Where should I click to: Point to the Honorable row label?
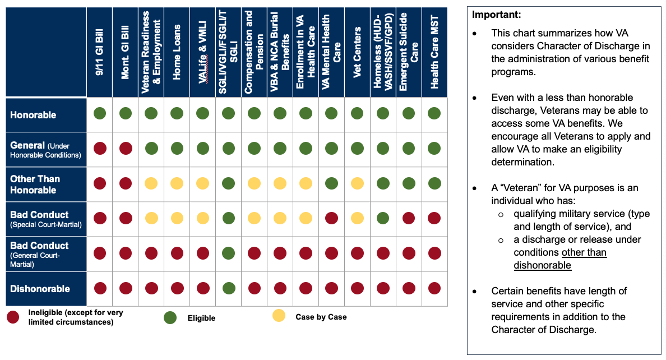coord(34,115)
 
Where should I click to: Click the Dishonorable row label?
coord(40,289)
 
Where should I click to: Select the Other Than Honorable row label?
coord(35,184)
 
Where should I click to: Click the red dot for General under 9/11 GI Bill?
coord(100,149)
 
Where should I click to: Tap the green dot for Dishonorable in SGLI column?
coord(228,288)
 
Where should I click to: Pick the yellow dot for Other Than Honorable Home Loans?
coord(177,183)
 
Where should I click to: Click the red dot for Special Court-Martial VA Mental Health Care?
coord(331,218)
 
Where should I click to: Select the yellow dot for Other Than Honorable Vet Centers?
coord(357,183)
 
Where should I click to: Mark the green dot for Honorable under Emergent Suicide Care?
coord(409,114)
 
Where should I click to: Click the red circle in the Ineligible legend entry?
coord(13,317)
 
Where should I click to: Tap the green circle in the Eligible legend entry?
coord(170,318)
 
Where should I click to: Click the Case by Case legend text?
coord(321,317)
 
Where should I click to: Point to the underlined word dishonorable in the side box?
coord(542,265)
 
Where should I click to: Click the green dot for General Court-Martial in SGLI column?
coord(228,253)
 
